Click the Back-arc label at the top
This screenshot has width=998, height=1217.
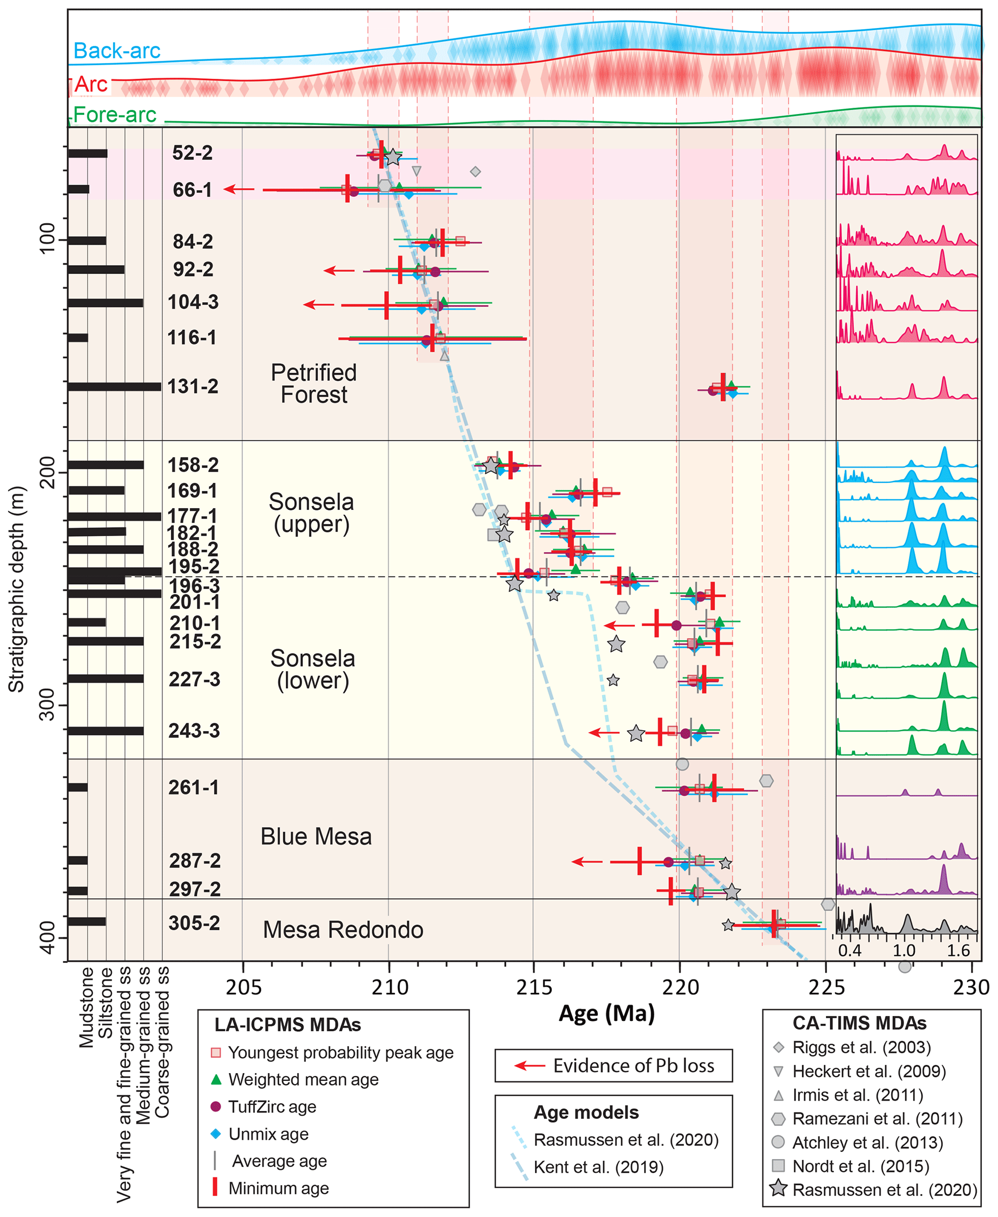click(x=117, y=51)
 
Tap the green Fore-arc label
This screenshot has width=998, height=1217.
click(x=114, y=114)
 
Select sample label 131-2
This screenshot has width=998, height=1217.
click(x=193, y=386)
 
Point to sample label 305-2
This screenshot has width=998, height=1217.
click(x=194, y=923)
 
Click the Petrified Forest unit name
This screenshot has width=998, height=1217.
click(x=314, y=383)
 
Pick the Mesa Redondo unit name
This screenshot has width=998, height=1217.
click(x=343, y=930)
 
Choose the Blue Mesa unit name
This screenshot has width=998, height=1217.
click(x=316, y=836)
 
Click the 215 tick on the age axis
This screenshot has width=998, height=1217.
click(x=534, y=988)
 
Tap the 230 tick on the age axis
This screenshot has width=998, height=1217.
click(x=972, y=988)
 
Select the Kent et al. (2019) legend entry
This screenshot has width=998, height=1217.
click(x=598, y=1167)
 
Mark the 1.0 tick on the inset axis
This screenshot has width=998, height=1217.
click(x=904, y=950)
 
